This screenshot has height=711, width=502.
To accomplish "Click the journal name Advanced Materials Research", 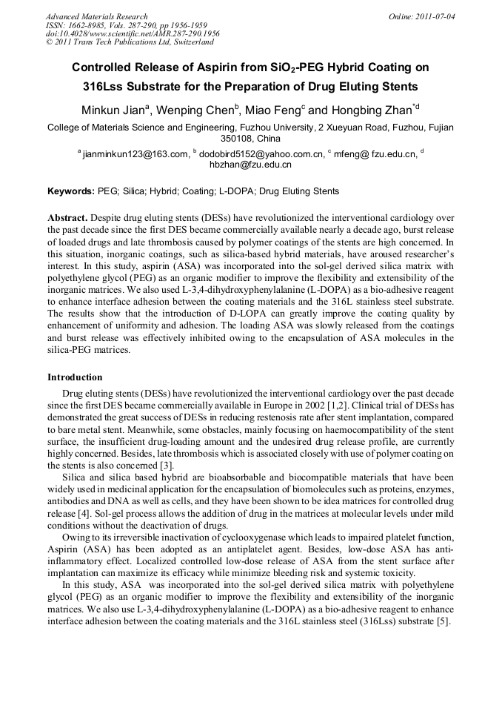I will (x=96, y=16).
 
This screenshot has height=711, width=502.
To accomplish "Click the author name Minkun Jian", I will (x=113, y=110).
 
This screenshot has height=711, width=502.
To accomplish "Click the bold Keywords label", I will (x=71, y=191).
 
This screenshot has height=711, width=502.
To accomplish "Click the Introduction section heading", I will (x=75, y=377).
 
